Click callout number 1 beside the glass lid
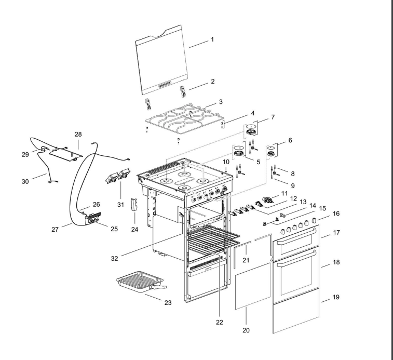(211, 39)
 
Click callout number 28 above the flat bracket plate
(78, 134)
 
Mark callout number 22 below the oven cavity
(220, 322)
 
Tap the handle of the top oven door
(296, 240)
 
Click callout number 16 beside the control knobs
(336, 214)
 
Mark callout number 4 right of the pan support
(252, 113)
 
